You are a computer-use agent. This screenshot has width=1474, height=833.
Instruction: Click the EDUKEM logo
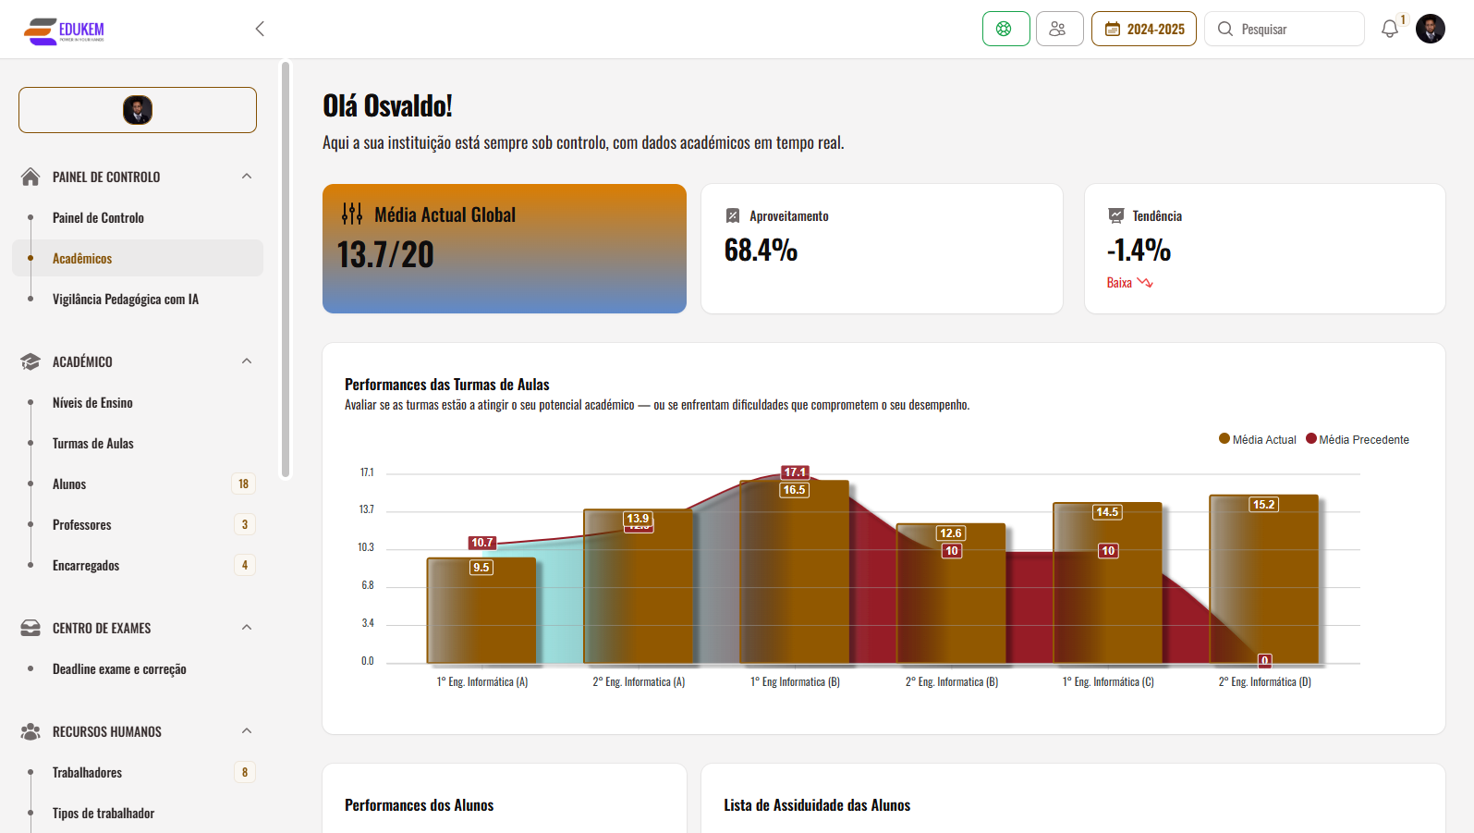coord(64,31)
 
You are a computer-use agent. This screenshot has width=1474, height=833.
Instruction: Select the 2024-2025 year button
coord(1144,30)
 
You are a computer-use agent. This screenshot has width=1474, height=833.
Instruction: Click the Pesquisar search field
coord(1285,30)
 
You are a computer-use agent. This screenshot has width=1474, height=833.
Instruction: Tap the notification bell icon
coord(1389,30)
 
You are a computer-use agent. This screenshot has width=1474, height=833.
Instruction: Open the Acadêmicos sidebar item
coord(82,259)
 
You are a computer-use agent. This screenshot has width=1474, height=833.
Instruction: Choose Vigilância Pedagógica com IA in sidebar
coord(126,300)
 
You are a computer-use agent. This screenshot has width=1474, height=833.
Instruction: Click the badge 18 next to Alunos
coord(243,484)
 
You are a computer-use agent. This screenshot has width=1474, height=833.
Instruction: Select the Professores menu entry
coord(82,525)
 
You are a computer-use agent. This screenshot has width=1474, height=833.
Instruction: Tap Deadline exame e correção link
coord(119,669)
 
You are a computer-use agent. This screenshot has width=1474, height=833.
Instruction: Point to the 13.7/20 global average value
coord(385,255)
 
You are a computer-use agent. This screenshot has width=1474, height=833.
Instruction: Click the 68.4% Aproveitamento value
coord(761,251)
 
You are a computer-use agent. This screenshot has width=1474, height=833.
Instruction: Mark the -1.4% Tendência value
coord(1139,251)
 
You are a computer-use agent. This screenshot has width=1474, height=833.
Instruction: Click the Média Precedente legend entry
coord(1358,440)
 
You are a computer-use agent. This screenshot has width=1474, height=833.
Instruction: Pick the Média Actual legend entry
coord(1258,440)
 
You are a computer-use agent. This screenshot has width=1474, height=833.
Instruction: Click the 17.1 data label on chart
coord(795,472)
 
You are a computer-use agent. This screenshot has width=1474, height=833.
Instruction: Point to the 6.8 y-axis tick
coord(368,585)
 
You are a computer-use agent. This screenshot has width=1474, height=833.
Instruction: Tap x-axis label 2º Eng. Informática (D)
coord(1264,682)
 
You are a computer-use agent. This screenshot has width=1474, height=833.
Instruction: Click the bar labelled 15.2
coord(1263,582)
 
